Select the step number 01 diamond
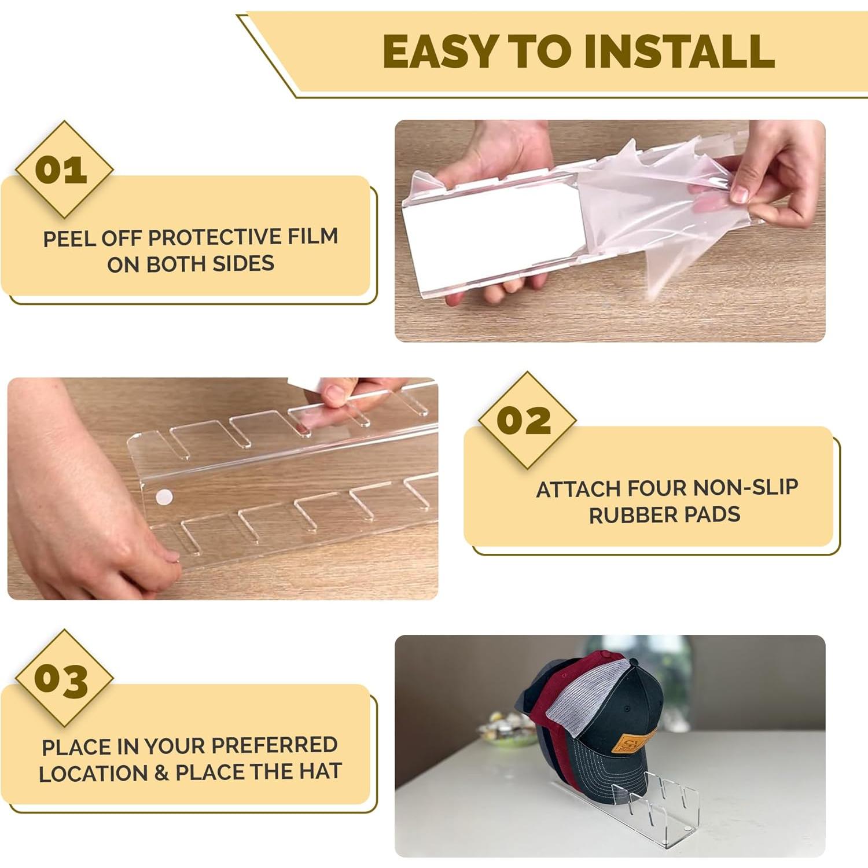tap(63, 170)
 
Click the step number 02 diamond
tap(526, 421)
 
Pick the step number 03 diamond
tap(63, 679)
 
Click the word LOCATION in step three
tap(93, 774)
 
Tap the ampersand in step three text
tap(161, 773)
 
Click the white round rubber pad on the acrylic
tap(165, 496)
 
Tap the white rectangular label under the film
tap(492, 234)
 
